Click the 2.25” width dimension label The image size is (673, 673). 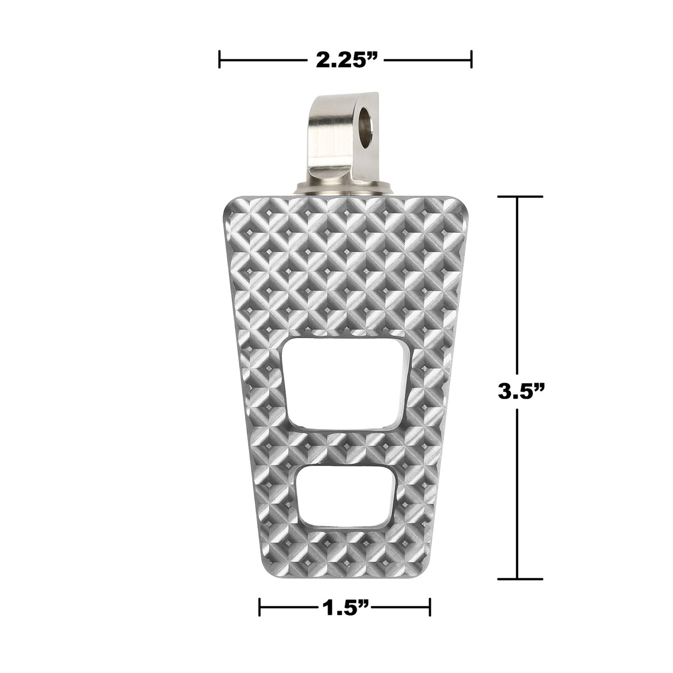point(344,59)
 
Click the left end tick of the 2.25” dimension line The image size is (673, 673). point(219,59)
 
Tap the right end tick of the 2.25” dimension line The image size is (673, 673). point(471,59)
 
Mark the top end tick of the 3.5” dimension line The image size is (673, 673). point(517,196)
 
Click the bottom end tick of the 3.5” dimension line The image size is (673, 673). point(517,578)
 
